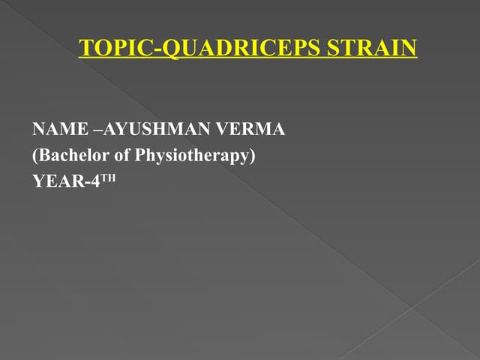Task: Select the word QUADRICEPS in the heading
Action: click(x=232, y=49)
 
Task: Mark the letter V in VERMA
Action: click(x=222, y=130)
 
